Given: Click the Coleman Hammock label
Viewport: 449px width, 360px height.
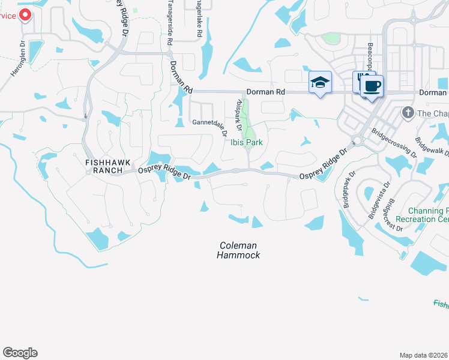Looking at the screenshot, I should (x=238, y=250).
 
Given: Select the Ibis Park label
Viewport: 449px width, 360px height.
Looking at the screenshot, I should (x=247, y=142).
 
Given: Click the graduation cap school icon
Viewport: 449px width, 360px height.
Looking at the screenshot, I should (x=320, y=82).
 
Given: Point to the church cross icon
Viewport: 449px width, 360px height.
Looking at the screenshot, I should (x=408, y=112).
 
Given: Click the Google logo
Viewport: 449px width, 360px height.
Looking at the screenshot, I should (x=20, y=353).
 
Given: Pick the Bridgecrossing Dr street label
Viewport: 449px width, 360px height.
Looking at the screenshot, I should (x=393, y=142).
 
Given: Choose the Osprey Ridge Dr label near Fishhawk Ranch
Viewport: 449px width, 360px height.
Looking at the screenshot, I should (x=164, y=172).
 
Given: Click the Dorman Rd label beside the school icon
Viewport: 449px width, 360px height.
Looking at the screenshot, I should (x=265, y=92).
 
